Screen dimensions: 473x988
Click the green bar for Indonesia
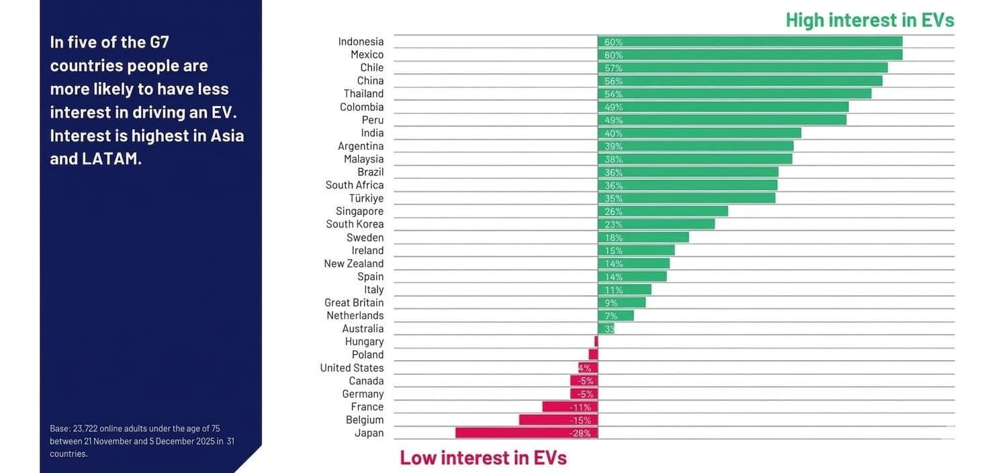[x=750, y=42]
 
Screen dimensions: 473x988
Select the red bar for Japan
[x=526, y=433]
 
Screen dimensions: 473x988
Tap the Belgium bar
[x=558, y=420]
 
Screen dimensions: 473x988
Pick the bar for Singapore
[x=663, y=212]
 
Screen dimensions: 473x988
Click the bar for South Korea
[x=656, y=224]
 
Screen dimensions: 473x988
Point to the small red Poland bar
[x=593, y=355]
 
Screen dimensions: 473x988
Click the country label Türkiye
[x=366, y=198]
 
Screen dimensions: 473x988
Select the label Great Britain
[x=354, y=302]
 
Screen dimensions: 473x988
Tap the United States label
[x=352, y=368]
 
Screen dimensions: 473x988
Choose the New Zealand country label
[x=354, y=263]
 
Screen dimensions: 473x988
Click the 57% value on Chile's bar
[x=613, y=69]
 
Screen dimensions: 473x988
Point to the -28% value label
[x=580, y=433]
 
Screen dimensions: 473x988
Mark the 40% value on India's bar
[x=613, y=134]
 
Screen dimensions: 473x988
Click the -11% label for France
[x=580, y=407]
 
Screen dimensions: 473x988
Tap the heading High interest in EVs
[x=869, y=20]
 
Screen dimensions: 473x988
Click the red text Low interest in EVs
[x=483, y=458]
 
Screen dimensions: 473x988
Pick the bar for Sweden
[x=643, y=238]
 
